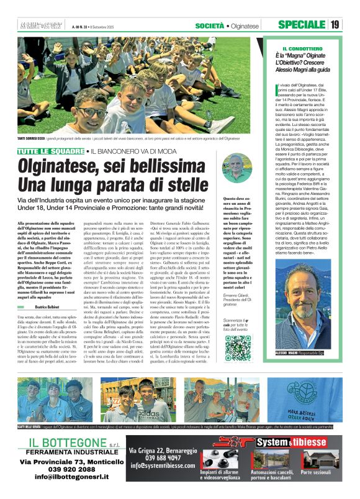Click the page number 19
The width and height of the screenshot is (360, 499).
tap(335, 24)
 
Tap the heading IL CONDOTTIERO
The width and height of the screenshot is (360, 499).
tap(302, 48)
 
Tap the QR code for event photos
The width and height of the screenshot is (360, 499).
tap(238, 348)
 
